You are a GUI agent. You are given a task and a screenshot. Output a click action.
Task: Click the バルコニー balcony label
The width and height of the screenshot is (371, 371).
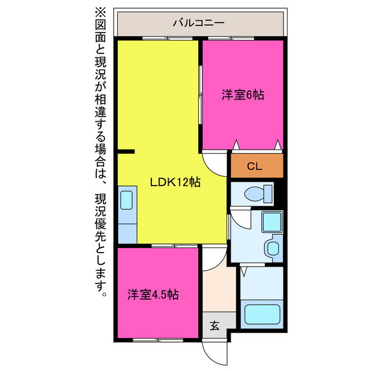pos(199,24)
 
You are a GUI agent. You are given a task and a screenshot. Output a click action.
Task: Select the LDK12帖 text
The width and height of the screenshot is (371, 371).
pos(176,182)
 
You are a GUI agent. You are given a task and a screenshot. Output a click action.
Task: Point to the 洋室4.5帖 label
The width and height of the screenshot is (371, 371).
pos(153,294)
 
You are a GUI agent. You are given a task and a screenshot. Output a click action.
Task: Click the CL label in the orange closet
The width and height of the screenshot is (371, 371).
pos(254,167)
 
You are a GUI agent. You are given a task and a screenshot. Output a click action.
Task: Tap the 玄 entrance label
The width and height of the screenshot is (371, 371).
pos(214,326)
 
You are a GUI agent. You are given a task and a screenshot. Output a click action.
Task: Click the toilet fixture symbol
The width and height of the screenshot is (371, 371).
pos(258,193)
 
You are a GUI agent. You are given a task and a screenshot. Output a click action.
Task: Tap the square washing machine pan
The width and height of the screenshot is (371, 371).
pos(271,221)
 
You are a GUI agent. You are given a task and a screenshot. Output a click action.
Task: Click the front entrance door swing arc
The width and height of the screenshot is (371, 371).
pos(213,351)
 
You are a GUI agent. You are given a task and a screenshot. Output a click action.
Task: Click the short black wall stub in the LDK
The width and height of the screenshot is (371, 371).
pos(125,152)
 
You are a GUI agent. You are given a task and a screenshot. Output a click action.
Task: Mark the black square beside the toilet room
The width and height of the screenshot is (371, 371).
pos(278,193)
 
